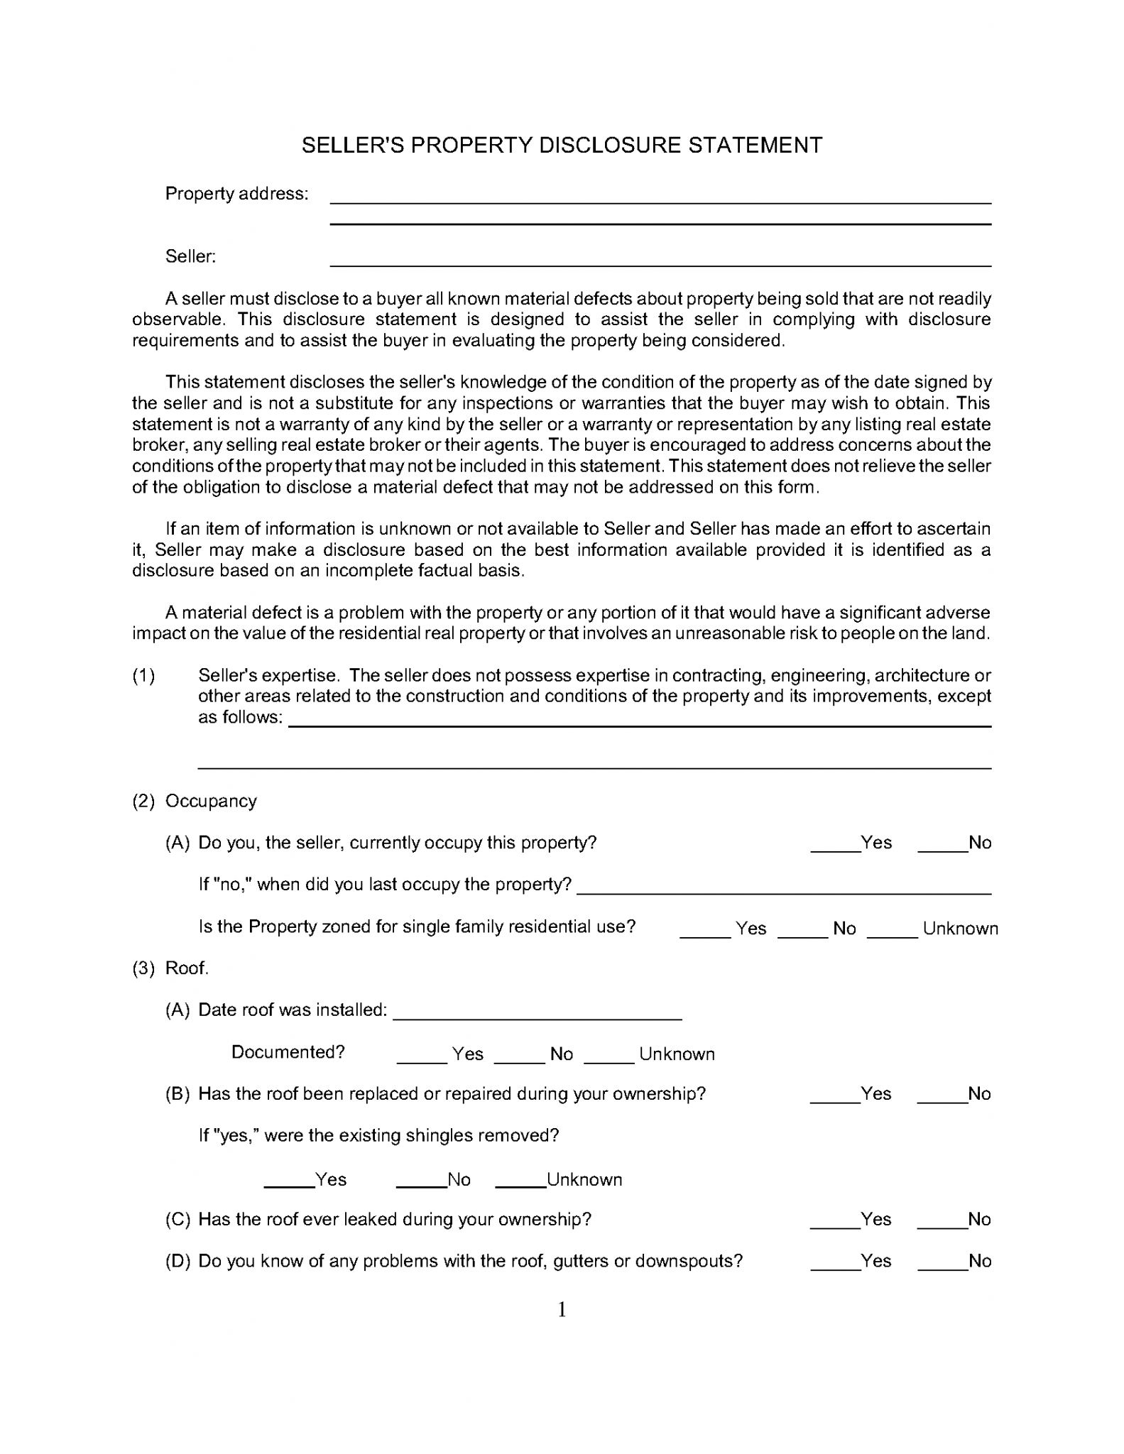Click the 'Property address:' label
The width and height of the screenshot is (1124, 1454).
coord(236,194)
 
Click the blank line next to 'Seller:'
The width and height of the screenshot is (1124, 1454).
coord(660,259)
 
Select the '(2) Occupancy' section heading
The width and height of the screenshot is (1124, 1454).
coord(195,801)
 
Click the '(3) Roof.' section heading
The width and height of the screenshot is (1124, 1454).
coord(170,968)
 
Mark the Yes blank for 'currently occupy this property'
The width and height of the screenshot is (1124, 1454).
coord(835,844)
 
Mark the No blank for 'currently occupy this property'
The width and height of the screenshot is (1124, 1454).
coord(942,844)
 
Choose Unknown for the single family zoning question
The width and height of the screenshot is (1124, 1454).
coord(893,930)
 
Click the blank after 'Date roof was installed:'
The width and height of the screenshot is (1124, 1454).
coord(537,1012)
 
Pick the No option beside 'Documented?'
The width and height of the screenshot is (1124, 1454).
coord(518,1055)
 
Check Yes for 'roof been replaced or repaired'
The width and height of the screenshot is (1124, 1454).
coord(835,1095)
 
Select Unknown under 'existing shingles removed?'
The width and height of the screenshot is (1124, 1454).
coord(520,1181)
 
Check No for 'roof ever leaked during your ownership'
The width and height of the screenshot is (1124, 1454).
coord(942,1221)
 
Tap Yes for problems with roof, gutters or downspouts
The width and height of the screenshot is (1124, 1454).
coord(835,1263)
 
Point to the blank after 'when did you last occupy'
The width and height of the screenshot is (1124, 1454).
coord(783,886)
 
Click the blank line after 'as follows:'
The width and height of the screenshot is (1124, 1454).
coord(638,719)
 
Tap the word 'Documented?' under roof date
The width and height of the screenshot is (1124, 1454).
coord(288,1052)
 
